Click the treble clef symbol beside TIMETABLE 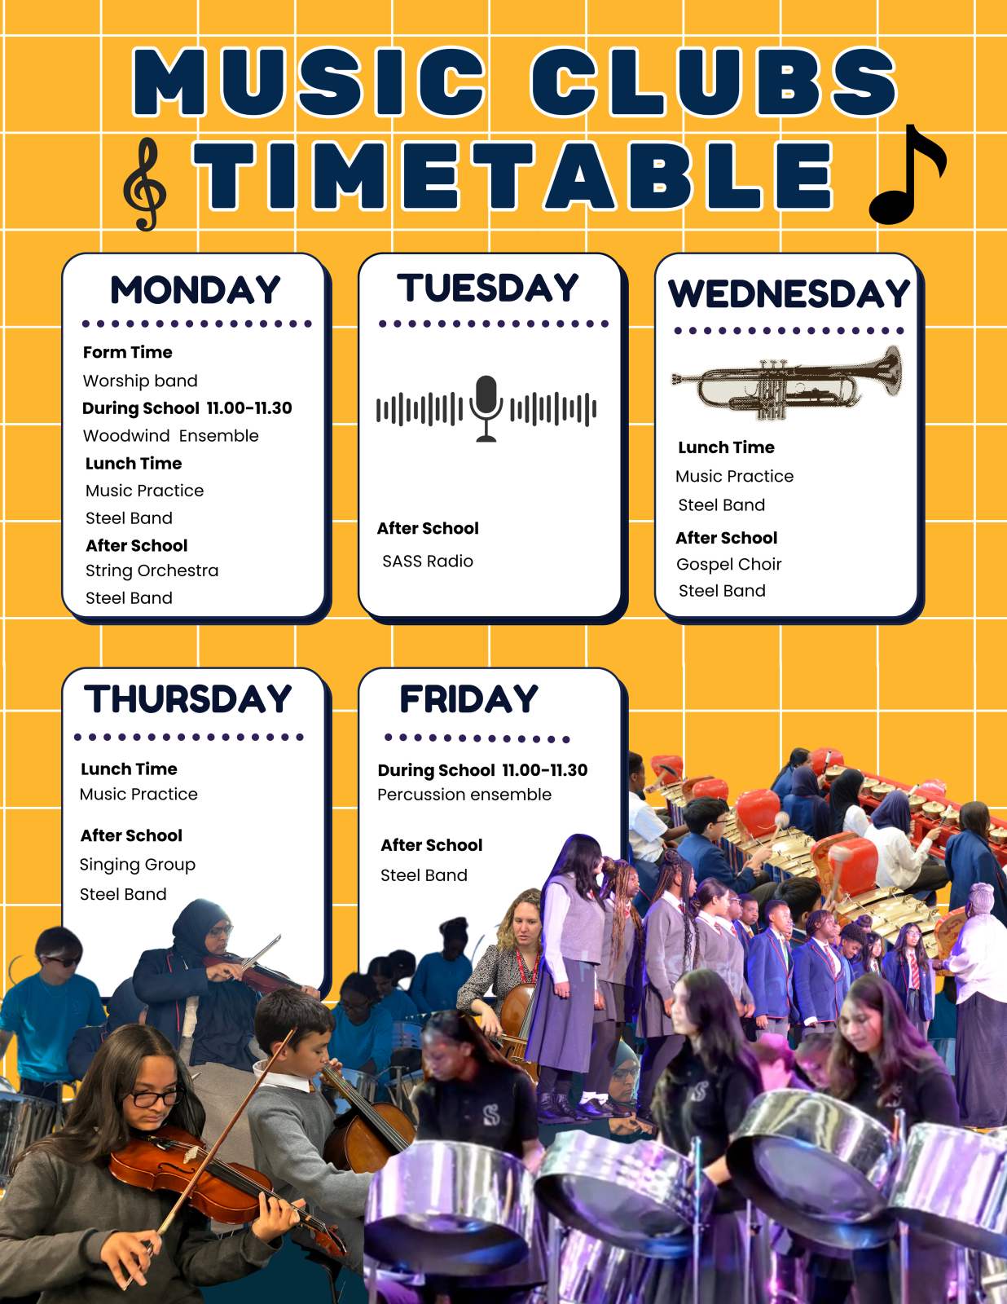pos(144,185)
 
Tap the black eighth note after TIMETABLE pos(907,174)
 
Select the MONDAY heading pos(196,290)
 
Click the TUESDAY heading pos(487,288)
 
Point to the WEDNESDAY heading pos(789,294)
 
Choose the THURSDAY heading pos(187,699)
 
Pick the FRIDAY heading pos(469,699)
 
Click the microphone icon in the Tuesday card pos(486,408)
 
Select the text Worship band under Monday pos(140,381)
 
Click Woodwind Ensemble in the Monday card pos(171,436)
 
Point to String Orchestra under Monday pos(152,570)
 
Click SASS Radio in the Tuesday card pos(428,561)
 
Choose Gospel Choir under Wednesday pos(728,565)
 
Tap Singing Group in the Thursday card pos(138,865)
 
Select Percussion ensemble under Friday pos(464,795)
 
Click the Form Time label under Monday pos(128,352)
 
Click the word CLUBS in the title pos(714,81)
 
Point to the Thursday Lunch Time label pos(129,769)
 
